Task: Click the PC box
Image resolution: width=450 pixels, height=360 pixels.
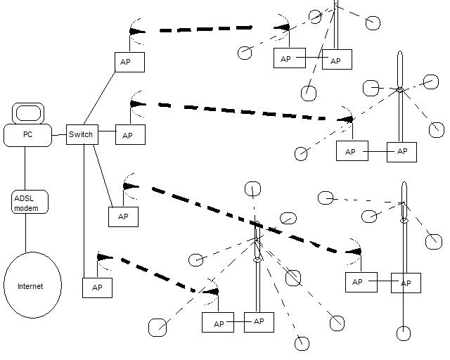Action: tap(27, 134)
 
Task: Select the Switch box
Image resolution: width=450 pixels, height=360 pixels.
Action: tap(82, 134)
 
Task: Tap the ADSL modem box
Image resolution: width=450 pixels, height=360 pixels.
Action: tap(30, 202)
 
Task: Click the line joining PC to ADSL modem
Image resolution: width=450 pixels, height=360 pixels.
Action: tap(25, 169)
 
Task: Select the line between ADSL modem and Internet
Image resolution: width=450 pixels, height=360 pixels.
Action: tap(26, 232)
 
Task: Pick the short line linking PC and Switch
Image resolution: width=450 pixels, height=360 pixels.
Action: tap(59, 134)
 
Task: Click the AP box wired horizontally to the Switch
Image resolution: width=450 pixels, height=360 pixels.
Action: tap(130, 135)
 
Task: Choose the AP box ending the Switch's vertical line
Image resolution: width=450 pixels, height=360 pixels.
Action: tap(97, 287)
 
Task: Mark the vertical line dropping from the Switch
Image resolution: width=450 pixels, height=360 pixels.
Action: tap(84, 211)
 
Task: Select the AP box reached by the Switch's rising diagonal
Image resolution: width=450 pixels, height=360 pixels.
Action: tap(129, 62)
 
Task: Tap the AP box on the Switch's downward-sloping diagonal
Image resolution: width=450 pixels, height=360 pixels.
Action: tap(123, 217)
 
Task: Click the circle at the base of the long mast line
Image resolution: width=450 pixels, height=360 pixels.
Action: tap(404, 333)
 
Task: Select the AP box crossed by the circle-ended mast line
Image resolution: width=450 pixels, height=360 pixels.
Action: tap(406, 283)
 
